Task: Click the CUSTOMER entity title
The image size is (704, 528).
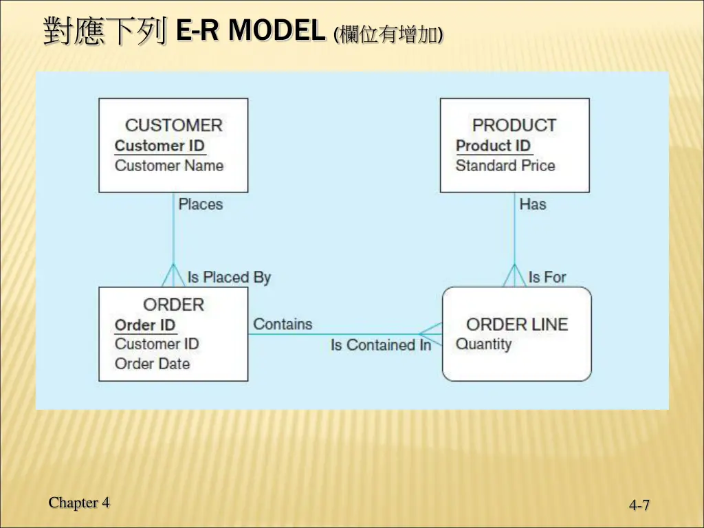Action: tap(173, 125)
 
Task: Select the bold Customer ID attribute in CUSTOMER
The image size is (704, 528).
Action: tap(159, 146)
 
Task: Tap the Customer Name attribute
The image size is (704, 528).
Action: tap(169, 166)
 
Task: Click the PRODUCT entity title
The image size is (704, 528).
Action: tap(514, 125)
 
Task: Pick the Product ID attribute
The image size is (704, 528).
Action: tap(494, 146)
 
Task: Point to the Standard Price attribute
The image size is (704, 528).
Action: tap(505, 166)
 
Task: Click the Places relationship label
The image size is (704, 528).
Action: tap(201, 204)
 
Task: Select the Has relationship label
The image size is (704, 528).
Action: tap(533, 204)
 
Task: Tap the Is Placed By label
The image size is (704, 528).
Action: tap(230, 277)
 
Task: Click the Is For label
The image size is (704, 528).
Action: tap(547, 277)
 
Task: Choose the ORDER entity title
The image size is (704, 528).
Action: tap(173, 305)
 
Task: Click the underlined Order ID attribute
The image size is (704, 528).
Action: tap(145, 325)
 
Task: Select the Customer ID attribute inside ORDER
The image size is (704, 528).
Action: tap(157, 344)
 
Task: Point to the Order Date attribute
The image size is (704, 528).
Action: tap(152, 364)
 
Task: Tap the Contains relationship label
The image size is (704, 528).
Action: tap(283, 324)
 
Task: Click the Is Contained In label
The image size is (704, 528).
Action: tap(381, 345)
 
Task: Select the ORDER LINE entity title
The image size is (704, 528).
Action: tap(517, 324)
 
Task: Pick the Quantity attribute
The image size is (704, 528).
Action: tap(484, 344)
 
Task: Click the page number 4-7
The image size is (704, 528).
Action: tap(639, 506)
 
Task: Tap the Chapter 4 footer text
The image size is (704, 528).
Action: tap(79, 503)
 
